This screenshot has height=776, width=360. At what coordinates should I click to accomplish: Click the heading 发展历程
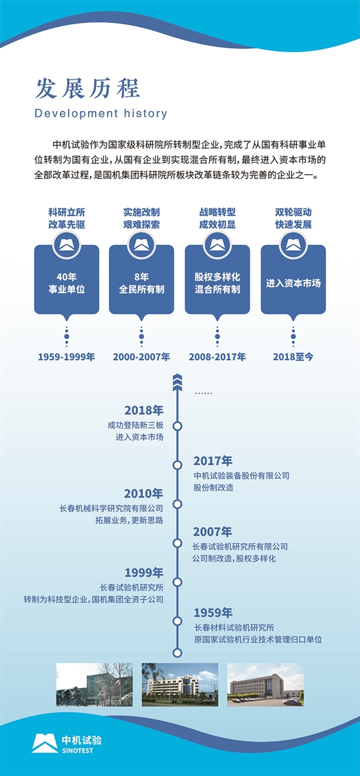(87, 89)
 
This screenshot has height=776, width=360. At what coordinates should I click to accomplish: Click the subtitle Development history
(101, 113)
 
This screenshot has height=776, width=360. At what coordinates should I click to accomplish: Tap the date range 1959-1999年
(66, 356)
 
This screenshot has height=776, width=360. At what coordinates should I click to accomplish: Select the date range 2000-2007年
(141, 356)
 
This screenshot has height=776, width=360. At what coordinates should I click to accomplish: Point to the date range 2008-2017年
(217, 356)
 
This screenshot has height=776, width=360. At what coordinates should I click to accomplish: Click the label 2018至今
(293, 356)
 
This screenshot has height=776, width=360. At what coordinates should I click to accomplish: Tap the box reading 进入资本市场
(293, 284)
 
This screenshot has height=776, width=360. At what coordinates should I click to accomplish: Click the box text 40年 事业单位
(66, 283)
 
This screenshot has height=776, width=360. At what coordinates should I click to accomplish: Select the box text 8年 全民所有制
(141, 283)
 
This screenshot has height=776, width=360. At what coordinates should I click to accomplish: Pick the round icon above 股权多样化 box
(217, 244)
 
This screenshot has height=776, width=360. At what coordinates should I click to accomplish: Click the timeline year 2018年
(143, 410)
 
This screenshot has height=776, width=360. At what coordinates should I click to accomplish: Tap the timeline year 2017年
(213, 461)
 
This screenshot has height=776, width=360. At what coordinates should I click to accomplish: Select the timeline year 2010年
(143, 493)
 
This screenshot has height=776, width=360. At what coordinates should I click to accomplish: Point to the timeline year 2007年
(213, 532)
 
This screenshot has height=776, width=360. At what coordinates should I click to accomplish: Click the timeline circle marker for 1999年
(178, 582)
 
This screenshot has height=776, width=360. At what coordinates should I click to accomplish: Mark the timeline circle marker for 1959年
(178, 621)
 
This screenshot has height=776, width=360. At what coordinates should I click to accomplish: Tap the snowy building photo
(94, 685)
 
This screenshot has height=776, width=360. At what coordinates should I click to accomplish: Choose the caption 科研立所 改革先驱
(66, 218)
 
